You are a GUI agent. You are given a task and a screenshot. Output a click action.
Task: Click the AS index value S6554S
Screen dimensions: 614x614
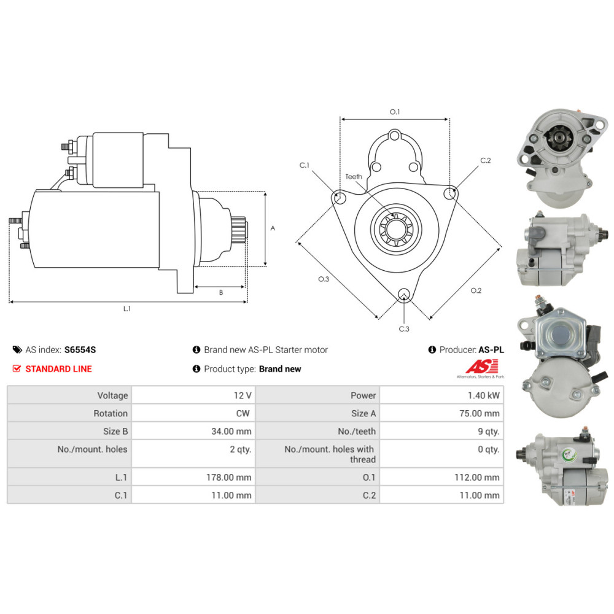click(80, 350)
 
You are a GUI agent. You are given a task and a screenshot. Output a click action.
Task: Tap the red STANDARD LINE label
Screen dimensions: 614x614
click(59, 369)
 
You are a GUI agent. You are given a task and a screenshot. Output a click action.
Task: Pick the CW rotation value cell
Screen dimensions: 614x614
click(243, 413)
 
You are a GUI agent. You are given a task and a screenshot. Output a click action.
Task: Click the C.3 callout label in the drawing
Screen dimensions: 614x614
click(404, 329)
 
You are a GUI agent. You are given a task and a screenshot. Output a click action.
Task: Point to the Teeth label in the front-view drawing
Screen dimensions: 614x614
click(354, 176)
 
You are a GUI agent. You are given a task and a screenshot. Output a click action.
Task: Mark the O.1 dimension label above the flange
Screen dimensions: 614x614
click(395, 112)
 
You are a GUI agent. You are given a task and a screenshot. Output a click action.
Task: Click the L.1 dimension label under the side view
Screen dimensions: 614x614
click(127, 309)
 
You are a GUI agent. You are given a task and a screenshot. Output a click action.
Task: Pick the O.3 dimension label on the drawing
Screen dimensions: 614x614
click(324, 279)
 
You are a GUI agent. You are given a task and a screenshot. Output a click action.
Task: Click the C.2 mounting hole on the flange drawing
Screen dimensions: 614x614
click(451, 194)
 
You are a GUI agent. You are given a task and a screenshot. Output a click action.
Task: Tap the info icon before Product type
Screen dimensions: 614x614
click(196, 369)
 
